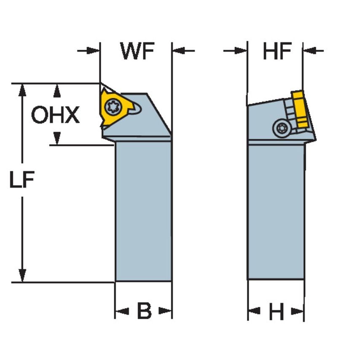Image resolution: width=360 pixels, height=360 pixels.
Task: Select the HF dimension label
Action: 277,51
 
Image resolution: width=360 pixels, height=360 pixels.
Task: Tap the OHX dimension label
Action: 55,115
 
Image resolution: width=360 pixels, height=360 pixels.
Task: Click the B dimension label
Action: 144,312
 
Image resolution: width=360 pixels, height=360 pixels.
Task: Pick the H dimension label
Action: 276,312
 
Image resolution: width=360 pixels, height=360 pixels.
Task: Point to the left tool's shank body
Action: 143,211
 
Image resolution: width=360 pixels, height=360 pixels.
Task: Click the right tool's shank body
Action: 276,211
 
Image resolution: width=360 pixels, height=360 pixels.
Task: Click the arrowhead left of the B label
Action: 121,312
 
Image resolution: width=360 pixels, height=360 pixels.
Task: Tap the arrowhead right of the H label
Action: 298,312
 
